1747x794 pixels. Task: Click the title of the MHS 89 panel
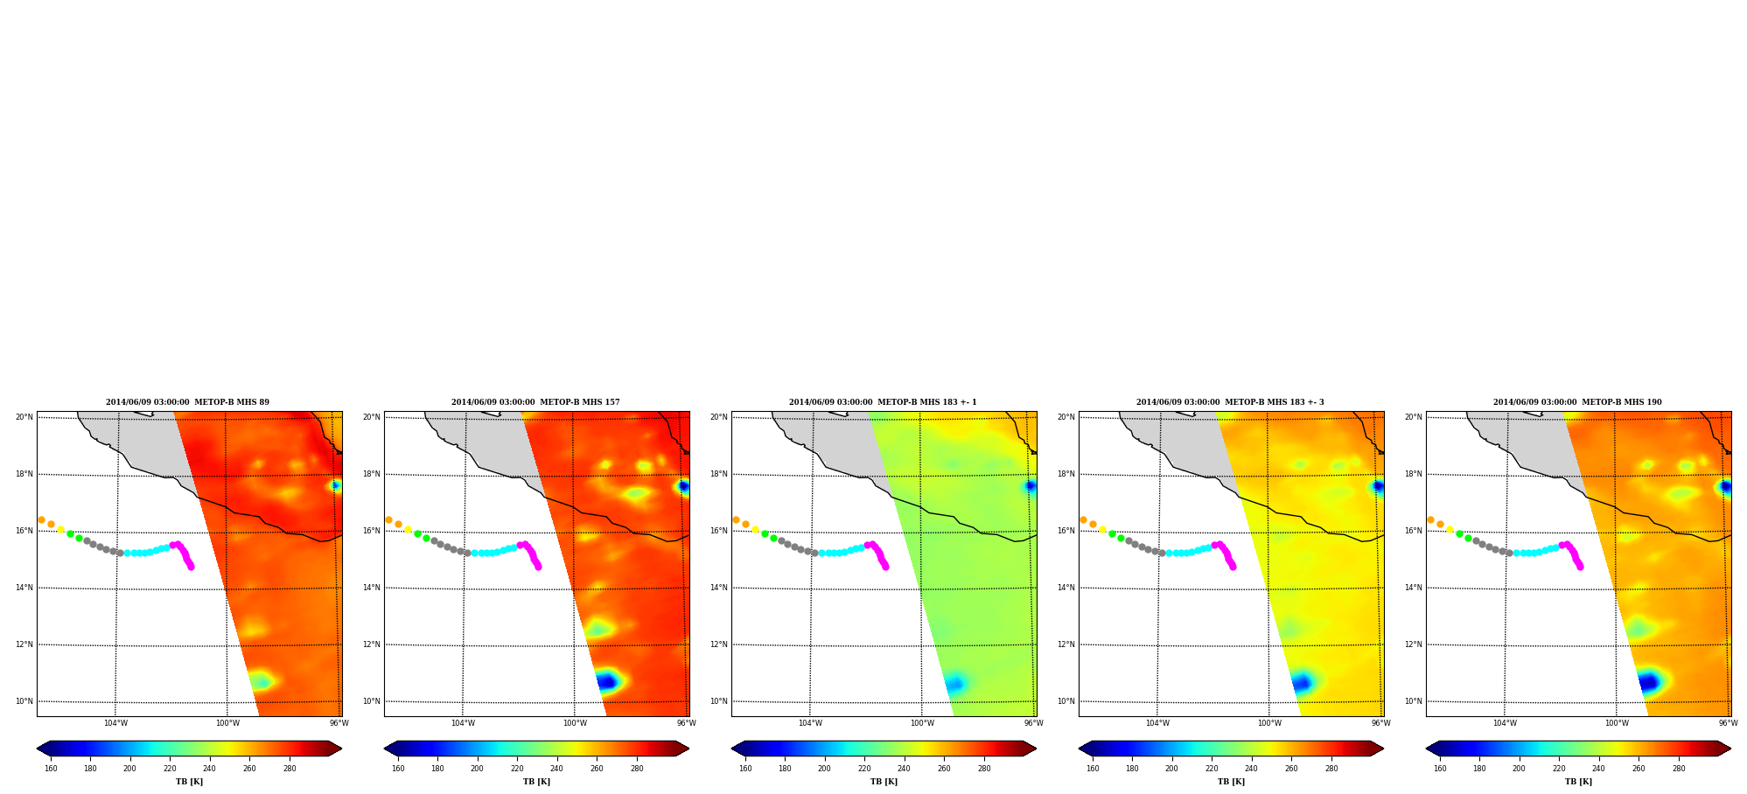click(x=187, y=402)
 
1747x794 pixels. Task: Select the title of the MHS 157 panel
click(x=535, y=402)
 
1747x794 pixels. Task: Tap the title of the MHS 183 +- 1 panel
click(x=883, y=402)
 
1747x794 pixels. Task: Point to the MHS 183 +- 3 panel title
click(x=1230, y=402)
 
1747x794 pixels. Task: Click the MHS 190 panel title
click(x=1577, y=402)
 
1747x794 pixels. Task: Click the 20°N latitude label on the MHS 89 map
click(x=24, y=417)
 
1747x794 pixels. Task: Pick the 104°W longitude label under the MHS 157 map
click(x=463, y=723)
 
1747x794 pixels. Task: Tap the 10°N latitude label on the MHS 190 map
click(x=1413, y=701)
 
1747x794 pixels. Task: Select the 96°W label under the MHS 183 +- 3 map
click(x=1380, y=723)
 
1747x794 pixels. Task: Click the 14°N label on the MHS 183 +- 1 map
click(x=718, y=588)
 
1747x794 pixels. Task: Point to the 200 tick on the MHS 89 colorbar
click(x=129, y=769)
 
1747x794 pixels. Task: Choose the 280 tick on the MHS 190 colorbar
click(x=1679, y=769)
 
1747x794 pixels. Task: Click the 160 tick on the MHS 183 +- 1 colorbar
click(x=745, y=769)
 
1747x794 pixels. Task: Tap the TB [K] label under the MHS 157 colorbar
click(x=536, y=782)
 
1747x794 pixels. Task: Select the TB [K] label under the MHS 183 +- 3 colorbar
click(x=1231, y=782)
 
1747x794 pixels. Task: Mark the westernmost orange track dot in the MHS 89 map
click(x=41, y=519)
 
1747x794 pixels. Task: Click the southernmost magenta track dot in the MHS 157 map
click(x=538, y=567)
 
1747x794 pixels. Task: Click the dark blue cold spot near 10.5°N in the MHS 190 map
click(x=1648, y=682)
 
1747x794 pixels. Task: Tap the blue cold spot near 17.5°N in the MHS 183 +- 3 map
click(x=1379, y=486)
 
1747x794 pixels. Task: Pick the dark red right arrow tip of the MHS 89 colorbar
click(x=341, y=749)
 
